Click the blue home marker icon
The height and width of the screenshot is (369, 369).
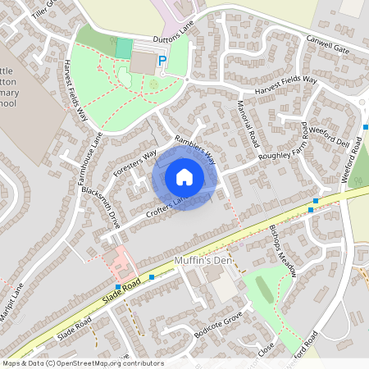pos(184,176)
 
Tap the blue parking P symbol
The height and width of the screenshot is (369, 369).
pos(162,61)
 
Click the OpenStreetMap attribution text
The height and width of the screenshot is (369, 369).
pos(82,362)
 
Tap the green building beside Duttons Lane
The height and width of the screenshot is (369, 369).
pos(123,48)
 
